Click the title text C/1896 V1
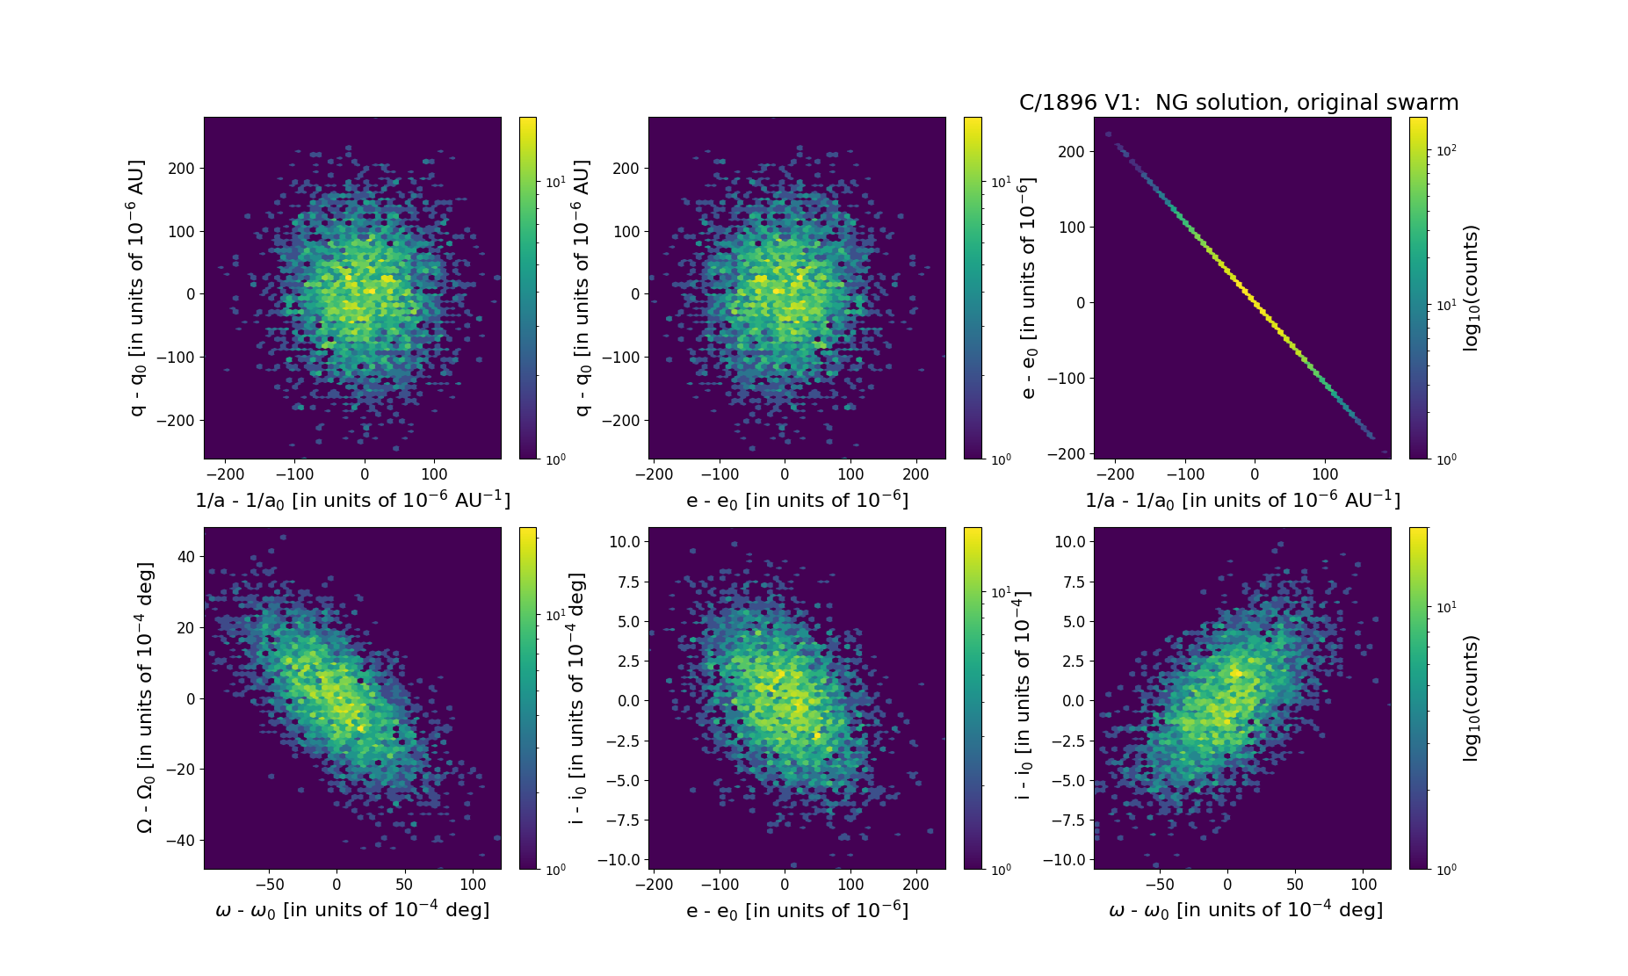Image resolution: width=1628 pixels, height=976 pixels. pyautogui.click(x=1239, y=103)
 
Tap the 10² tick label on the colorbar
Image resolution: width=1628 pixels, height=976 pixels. pyautogui.click(x=1446, y=150)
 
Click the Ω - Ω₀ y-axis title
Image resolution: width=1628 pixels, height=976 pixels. pyautogui.click(x=146, y=698)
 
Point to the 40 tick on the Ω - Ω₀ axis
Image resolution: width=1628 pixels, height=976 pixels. pyautogui.click(x=185, y=557)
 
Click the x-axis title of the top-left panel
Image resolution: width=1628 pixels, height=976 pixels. pyautogui.click(x=352, y=500)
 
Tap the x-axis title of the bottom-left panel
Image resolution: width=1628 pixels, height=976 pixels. pyautogui.click(x=352, y=910)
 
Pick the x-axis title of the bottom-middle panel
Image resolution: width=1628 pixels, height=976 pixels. pyautogui.click(x=797, y=911)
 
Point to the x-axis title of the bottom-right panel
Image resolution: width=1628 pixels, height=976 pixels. pyautogui.click(x=1245, y=910)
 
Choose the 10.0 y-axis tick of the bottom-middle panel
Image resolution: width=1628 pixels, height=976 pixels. pyautogui.click(x=624, y=542)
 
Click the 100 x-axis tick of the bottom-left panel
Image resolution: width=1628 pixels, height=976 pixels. pyautogui.click(x=473, y=885)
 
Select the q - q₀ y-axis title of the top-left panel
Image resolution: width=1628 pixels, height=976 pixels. pyautogui.click(x=137, y=288)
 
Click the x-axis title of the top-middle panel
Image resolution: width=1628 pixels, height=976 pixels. pyautogui.click(x=797, y=500)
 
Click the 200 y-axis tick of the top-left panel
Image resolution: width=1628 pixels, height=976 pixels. pyautogui.click(x=181, y=169)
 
